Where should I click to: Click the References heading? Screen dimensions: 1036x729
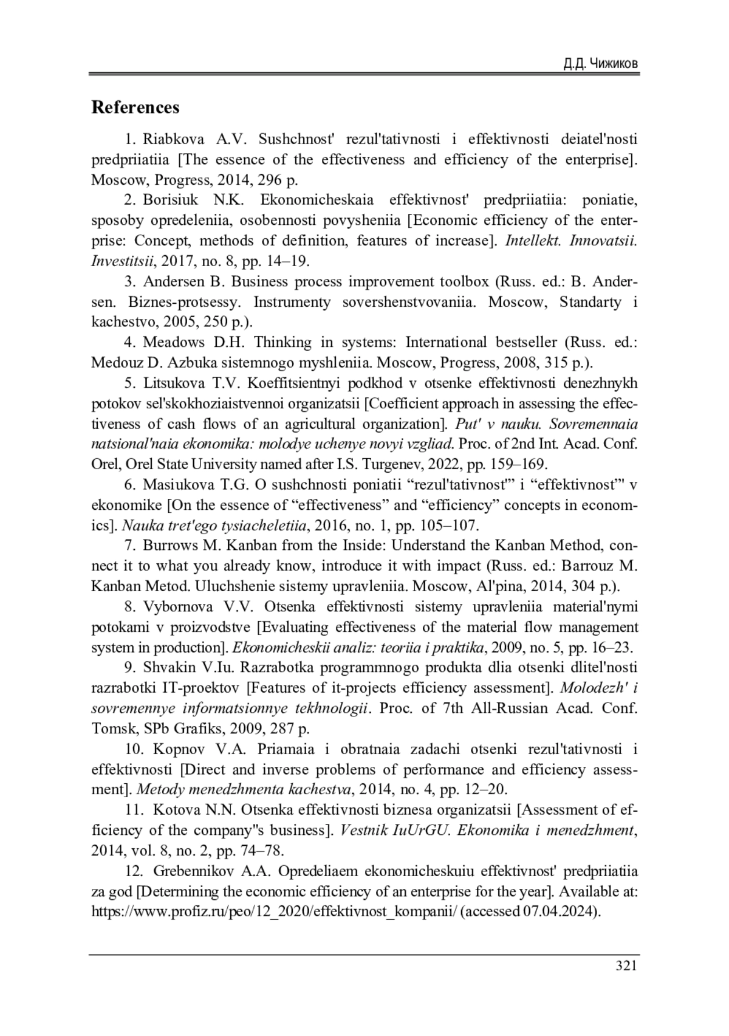click(x=135, y=108)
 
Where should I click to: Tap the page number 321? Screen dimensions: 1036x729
click(x=626, y=966)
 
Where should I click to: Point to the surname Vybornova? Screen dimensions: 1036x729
click(x=178, y=606)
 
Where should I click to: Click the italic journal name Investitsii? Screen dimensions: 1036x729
click(x=123, y=261)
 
